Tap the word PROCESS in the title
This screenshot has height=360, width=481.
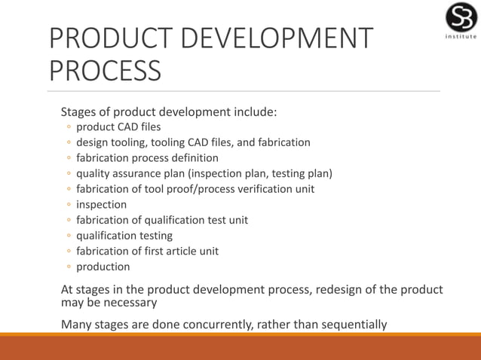click(x=105, y=72)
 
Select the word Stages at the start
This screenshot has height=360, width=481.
click(x=79, y=113)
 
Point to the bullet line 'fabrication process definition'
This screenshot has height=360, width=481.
click(x=147, y=158)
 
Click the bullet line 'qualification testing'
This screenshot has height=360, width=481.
click(x=124, y=236)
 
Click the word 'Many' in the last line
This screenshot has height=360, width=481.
click(x=77, y=325)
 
